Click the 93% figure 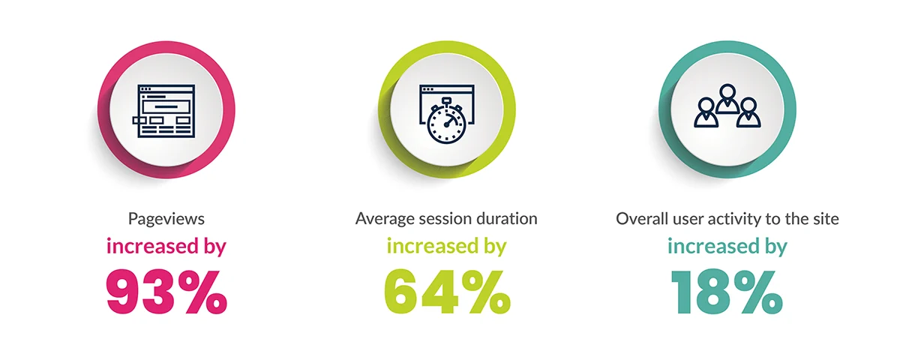[166, 292]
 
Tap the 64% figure [447, 292]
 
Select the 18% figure [727, 292]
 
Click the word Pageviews [166, 219]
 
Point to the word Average [385, 219]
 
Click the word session [445, 219]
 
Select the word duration [507, 219]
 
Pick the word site [826, 219]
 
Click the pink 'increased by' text [166, 247]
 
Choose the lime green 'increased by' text [446, 247]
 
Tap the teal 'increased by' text [727, 247]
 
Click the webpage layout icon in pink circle [164, 111]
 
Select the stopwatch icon [446, 123]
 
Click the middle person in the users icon [727, 99]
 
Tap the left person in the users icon [706, 112]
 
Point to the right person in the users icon [748, 112]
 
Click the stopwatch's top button [446, 100]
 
